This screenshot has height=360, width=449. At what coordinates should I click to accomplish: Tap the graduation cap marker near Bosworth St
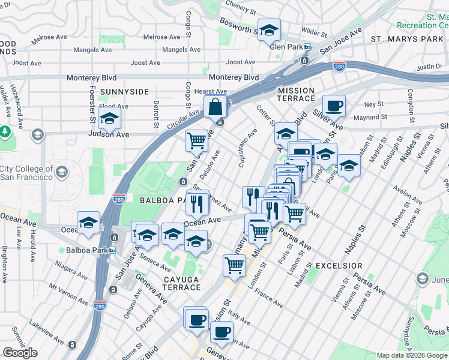coord(269,30)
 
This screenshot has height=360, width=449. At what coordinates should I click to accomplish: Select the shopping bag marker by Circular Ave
coord(215,108)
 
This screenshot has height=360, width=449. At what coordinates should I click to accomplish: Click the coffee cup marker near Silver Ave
coord(334,106)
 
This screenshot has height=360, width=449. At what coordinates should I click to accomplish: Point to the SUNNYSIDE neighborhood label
coord(124,92)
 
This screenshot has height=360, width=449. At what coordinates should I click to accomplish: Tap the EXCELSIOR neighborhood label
coord(339,265)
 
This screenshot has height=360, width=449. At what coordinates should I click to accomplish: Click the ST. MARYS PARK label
coord(406,39)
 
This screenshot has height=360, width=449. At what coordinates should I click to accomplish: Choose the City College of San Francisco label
coord(27,173)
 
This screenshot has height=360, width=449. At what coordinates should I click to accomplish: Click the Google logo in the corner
coord(20,352)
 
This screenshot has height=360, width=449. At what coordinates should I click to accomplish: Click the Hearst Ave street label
coord(211,91)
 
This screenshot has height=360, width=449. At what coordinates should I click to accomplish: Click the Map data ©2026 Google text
coord(412,355)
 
